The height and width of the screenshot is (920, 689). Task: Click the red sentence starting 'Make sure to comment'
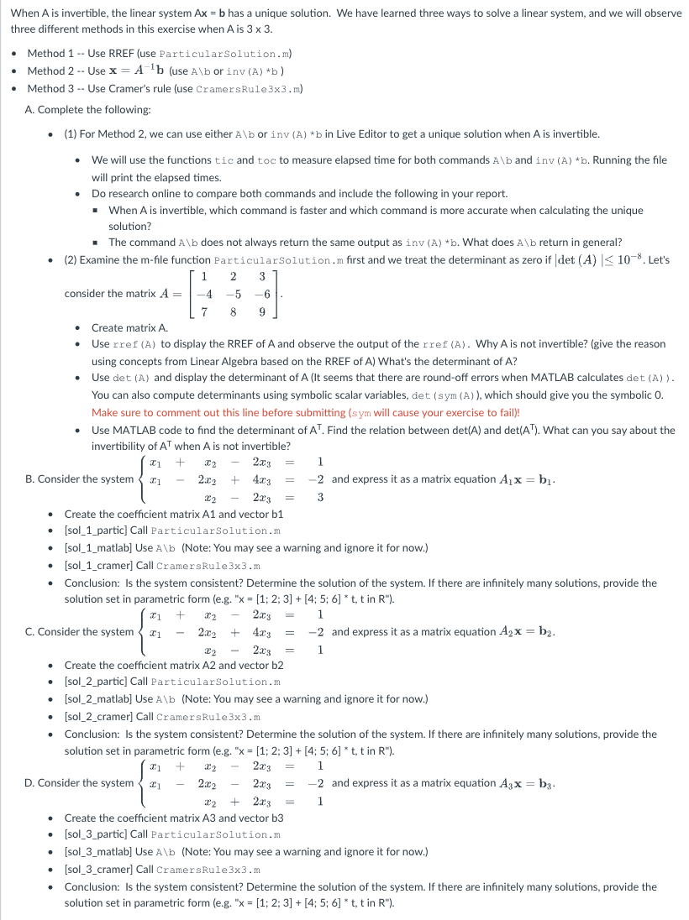[306, 412]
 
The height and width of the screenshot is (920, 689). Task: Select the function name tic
[224, 159]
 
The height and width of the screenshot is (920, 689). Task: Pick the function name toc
[266, 159]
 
